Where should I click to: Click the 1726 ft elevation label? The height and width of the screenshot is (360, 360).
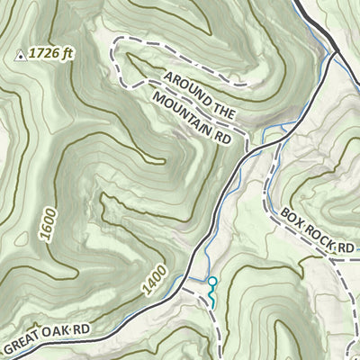point(50,54)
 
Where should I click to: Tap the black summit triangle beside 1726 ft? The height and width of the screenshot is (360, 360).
point(20,55)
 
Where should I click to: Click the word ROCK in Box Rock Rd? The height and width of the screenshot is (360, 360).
point(318,232)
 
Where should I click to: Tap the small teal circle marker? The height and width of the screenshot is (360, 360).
point(212,282)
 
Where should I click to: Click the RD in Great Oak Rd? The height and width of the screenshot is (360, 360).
point(83,328)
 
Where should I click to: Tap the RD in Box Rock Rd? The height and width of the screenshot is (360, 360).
point(343,246)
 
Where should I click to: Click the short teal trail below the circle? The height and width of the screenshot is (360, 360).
point(212,298)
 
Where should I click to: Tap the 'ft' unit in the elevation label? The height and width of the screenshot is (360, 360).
point(67,53)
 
